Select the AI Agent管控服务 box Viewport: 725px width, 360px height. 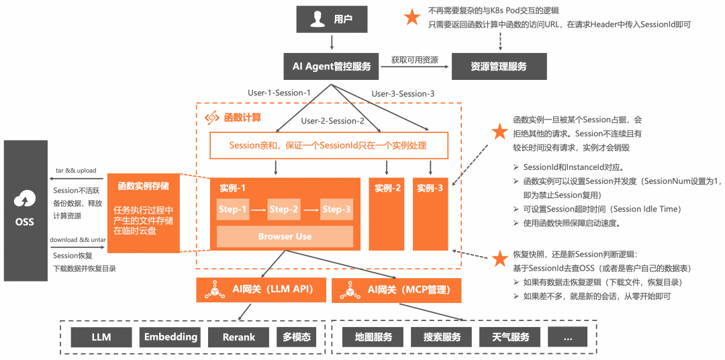[x=331, y=66]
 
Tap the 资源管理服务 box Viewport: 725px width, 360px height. [x=499, y=66]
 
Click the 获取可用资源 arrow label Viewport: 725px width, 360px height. [x=414, y=60]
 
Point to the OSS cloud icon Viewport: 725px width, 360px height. [x=25, y=199]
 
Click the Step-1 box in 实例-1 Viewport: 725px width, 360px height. [x=233, y=210]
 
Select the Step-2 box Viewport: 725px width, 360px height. [x=284, y=210]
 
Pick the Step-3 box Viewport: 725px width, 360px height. [x=336, y=210]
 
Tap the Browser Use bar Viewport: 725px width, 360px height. [x=285, y=236]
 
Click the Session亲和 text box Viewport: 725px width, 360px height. [x=328, y=145]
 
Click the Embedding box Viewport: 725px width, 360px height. [x=171, y=336]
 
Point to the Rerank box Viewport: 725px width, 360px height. [x=239, y=336]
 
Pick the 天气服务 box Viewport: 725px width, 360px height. [x=510, y=336]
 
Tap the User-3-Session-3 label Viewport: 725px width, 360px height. [x=403, y=93]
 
